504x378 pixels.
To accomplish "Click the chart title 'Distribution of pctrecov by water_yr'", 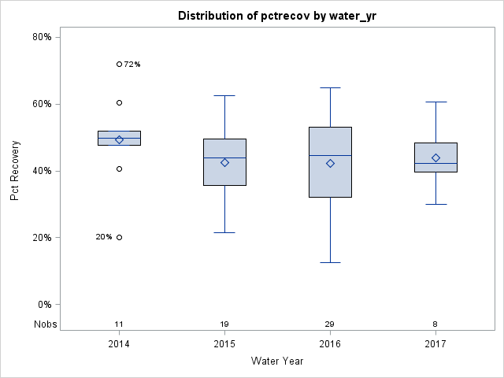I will coord(272,16).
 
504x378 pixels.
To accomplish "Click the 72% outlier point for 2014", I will coord(119,64).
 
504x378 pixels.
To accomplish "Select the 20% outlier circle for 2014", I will coord(119,237).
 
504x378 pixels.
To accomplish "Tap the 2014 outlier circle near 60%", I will coord(119,102).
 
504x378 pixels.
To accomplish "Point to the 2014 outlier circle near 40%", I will coord(119,169).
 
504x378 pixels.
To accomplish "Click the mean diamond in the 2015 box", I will coord(224,162).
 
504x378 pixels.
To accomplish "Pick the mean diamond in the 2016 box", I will coord(330,163).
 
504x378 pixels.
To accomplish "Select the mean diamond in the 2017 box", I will coord(435,157).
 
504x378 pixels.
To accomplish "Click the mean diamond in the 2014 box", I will coord(119,139).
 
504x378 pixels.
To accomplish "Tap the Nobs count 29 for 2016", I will coord(330,324).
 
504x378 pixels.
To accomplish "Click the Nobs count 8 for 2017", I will coord(435,324).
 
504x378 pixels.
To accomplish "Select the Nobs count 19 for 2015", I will coord(224,324).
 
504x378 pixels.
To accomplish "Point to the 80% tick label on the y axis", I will coord(42,37).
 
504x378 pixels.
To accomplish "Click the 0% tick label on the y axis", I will coord(44,305).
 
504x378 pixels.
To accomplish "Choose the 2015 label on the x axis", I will coord(224,344).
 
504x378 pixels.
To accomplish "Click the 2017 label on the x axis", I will coord(435,344).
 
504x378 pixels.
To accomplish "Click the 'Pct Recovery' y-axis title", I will coord(15,171).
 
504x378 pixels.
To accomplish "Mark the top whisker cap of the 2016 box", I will coord(330,87).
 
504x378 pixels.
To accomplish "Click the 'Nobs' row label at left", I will coord(44,324).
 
